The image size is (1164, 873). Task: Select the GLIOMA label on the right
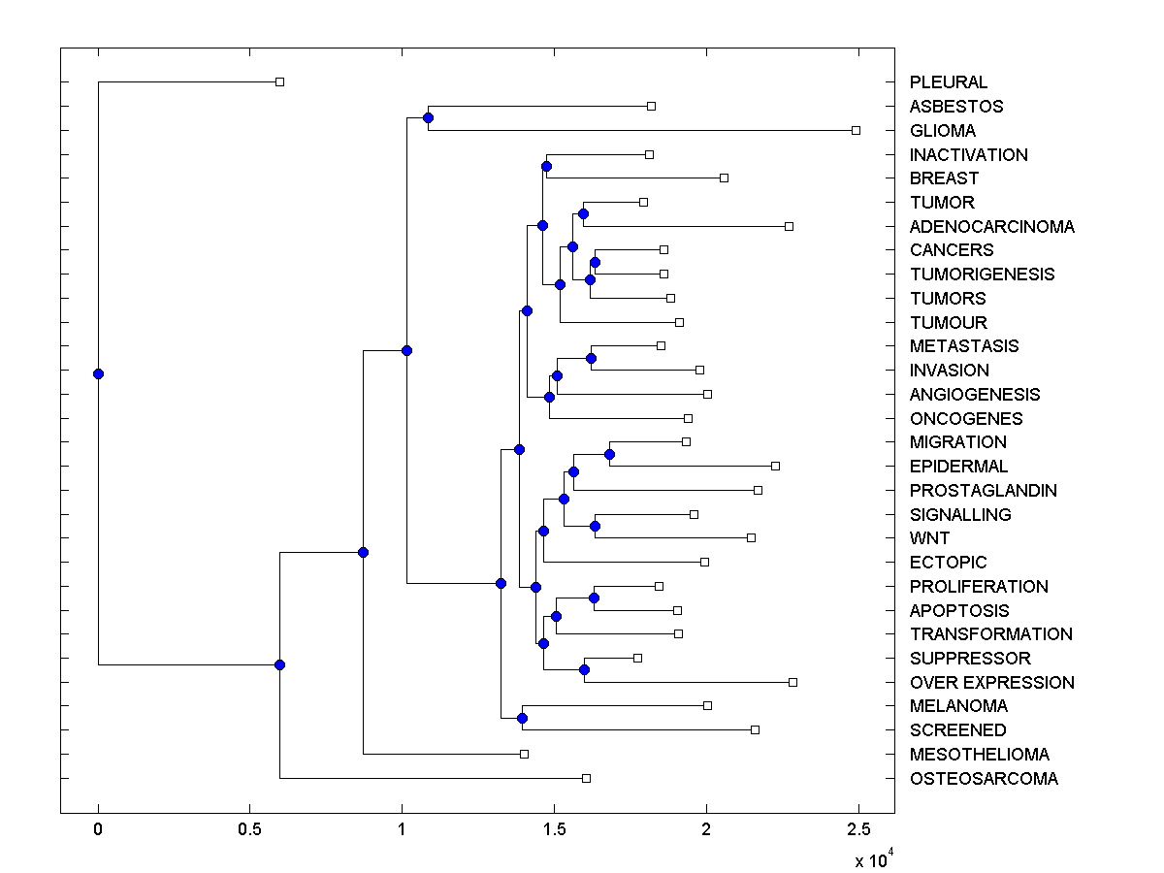pyautogui.click(x=942, y=130)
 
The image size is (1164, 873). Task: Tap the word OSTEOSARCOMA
pyautogui.click(x=984, y=779)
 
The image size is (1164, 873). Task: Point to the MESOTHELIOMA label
pyautogui.click(x=979, y=755)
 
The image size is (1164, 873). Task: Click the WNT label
pyautogui.click(x=929, y=538)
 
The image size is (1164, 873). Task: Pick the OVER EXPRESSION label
pyautogui.click(x=991, y=683)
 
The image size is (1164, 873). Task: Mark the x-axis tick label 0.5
pyautogui.click(x=250, y=830)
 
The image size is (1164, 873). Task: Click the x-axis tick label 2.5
pyautogui.click(x=858, y=830)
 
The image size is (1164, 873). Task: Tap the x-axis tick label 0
pyautogui.click(x=98, y=830)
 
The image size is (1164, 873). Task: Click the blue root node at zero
pyautogui.click(x=98, y=373)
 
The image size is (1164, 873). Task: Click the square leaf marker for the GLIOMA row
pyautogui.click(x=856, y=130)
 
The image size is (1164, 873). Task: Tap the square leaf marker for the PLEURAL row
pyautogui.click(x=279, y=81)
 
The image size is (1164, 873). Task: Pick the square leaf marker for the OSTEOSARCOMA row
pyautogui.click(x=586, y=778)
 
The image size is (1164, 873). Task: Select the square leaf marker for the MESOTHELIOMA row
pyautogui.click(x=524, y=754)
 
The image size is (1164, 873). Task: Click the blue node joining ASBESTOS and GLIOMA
pyautogui.click(x=428, y=117)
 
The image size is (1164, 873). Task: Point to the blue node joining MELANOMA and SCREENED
pyautogui.click(x=522, y=718)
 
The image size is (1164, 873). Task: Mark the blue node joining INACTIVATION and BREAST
pyautogui.click(x=546, y=166)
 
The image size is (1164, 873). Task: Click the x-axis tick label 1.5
pyautogui.click(x=554, y=830)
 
